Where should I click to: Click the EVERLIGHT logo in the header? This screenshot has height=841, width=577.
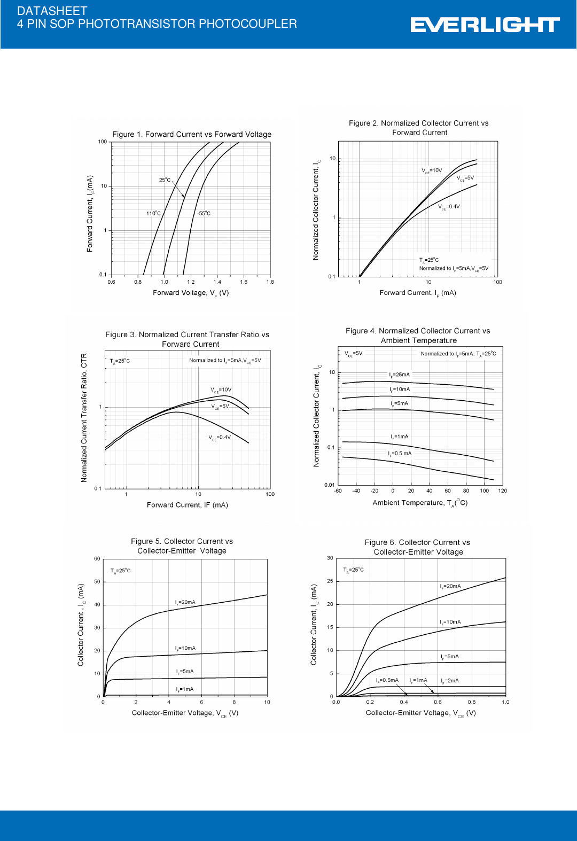(485, 25)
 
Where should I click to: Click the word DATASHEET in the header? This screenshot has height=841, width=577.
(52, 11)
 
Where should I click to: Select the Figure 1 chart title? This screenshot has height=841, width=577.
(192, 134)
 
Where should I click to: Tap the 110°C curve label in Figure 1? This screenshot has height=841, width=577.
(153, 213)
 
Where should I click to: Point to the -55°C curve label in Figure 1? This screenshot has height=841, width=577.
(204, 213)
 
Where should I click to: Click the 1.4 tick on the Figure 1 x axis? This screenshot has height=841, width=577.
(217, 282)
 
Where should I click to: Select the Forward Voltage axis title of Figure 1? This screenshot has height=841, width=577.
(191, 293)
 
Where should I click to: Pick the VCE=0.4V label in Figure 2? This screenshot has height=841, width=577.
(449, 207)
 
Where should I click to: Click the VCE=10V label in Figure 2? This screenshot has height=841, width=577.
(432, 171)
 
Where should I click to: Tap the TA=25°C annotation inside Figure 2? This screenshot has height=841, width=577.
(429, 260)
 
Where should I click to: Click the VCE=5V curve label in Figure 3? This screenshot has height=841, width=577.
(220, 407)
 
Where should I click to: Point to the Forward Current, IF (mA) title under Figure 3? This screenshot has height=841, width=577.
(188, 505)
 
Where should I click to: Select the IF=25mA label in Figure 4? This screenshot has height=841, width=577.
(399, 375)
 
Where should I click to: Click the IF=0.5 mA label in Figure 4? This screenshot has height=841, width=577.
(400, 454)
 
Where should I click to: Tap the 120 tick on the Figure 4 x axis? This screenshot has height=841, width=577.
(502, 490)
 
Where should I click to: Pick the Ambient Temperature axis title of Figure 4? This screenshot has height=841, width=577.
(420, 503)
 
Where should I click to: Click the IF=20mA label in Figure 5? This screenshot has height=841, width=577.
(185, 602)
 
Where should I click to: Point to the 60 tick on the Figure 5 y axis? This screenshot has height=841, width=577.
(97, 559)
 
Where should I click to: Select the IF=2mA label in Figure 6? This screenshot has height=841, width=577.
(450, 681)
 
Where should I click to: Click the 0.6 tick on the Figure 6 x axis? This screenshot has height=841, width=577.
(438, 702)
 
